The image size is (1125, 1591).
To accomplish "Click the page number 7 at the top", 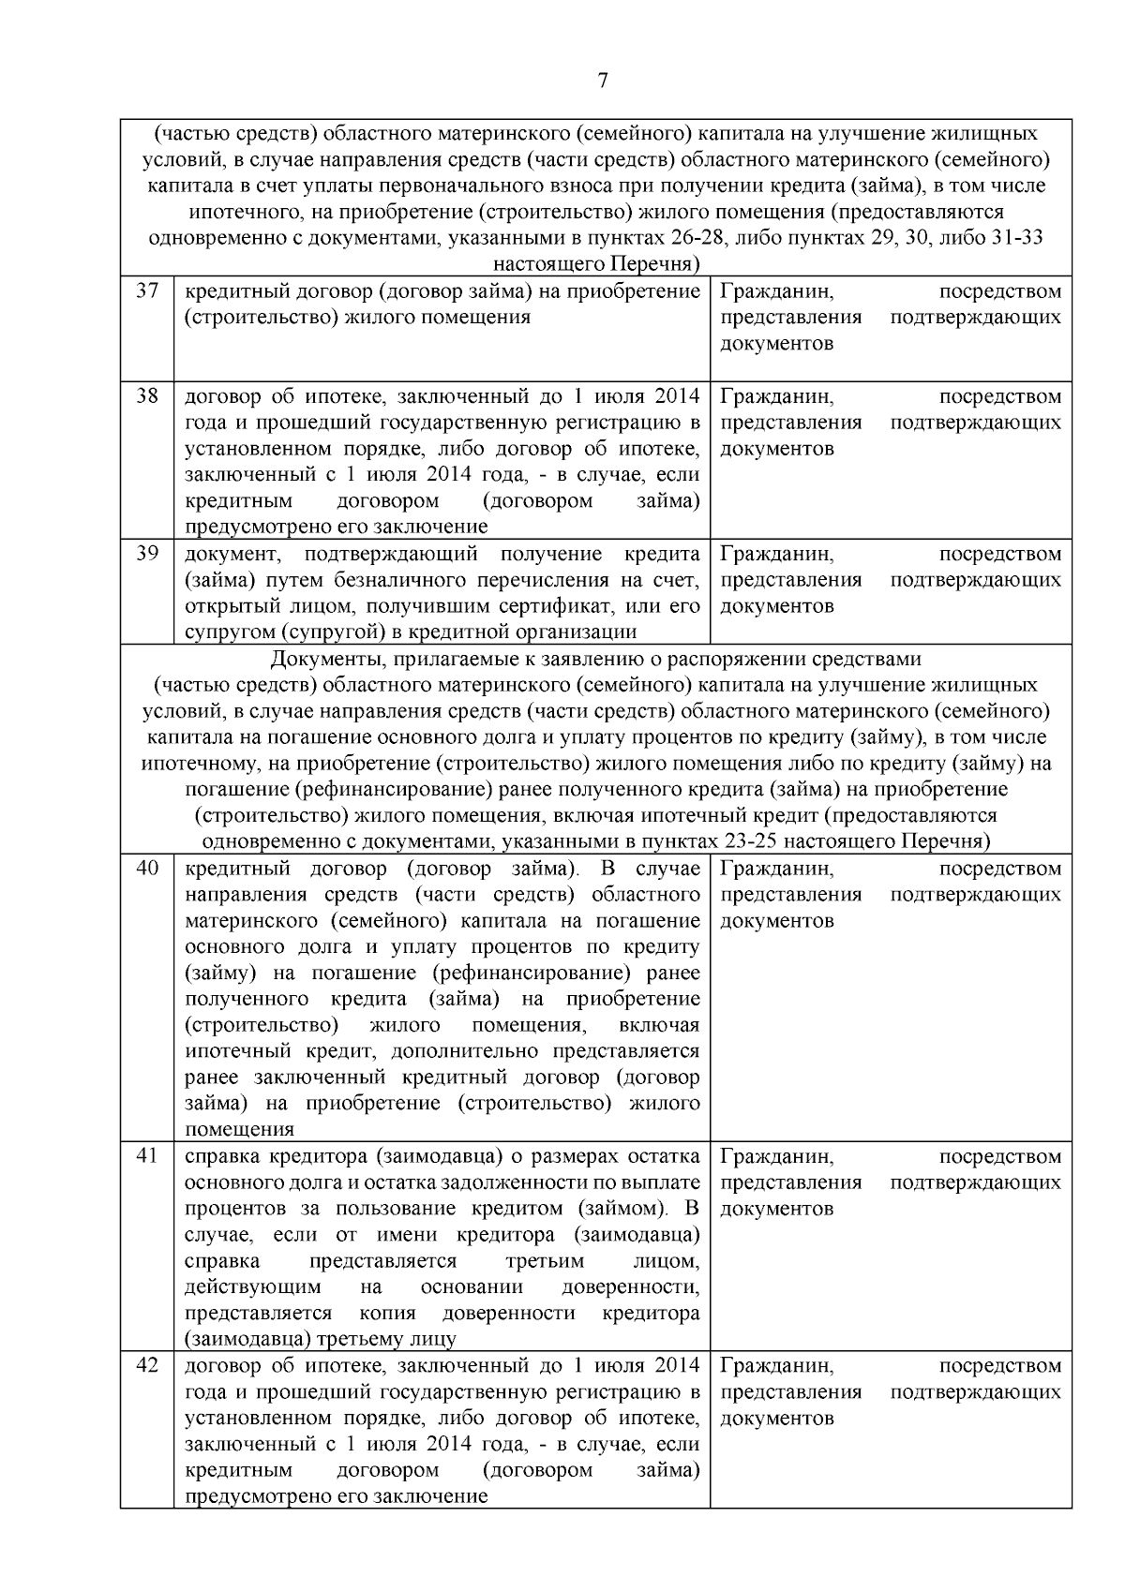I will (x=603, y=81).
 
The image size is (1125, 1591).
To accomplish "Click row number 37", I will (x=147, y=290).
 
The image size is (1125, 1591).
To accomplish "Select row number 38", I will (x=147, y=395).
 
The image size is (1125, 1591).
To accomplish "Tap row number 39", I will (x=147, y=553).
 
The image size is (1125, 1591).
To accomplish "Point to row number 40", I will (x=147, y=868).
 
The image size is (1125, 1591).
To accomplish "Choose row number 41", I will (x=147, y=1155).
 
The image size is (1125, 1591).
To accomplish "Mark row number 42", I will (x=147, y=1365).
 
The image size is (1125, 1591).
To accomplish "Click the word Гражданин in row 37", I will (x=776, y=291).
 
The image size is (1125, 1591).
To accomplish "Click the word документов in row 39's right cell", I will (x=776, y=606).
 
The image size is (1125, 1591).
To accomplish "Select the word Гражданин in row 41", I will (x=776, y=1156).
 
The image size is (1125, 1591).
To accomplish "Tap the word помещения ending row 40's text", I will (x=239, y=1130).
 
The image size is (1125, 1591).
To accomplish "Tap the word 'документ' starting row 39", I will (x=231, y=554).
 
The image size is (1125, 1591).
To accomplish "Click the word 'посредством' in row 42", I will (x=999, y=1366).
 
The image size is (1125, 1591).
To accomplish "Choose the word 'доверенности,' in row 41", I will (x=630, y=1287).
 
